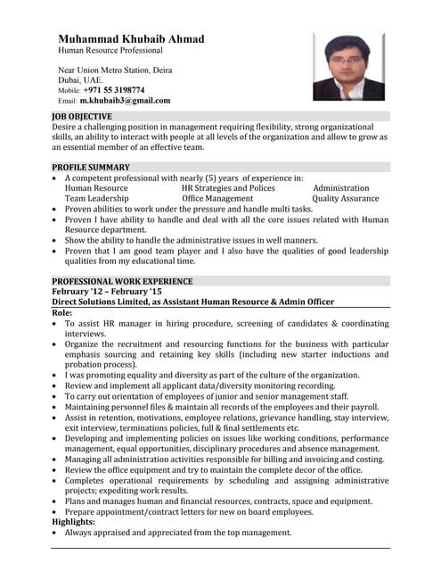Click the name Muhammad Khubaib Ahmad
[x=131, y=39]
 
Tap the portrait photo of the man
[x=348, y=66]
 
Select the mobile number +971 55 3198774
[x=114, y=90]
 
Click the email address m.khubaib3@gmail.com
[x=125, y=101]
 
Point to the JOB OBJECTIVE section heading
[x=82, y=117]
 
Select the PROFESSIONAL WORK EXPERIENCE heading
[x=122, y=281]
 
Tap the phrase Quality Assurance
[x=346, y=199]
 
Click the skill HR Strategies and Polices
[x=228, y=188]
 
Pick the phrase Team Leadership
[x=98, y=199]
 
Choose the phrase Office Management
[x=217, y=199]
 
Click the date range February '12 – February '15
[x=107, y=292]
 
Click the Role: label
[x=62, y=313]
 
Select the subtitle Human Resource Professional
[x=109, y=52]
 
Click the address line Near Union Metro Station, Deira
[x=115, y=70]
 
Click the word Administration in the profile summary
[x=340, y=188]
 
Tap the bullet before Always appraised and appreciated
[x=56, y=533]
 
